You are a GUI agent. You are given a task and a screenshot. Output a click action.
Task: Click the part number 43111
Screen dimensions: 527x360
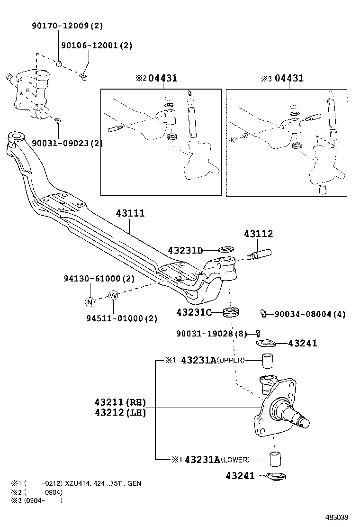click(x=130, y=214)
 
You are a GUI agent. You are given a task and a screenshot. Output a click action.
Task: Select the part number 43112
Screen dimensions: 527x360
click(x=259, y=234)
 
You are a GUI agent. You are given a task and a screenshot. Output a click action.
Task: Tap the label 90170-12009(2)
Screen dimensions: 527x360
click(x=67, y=26)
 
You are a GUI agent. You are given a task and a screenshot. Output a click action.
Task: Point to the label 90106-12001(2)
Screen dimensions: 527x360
click(x=97, y=45)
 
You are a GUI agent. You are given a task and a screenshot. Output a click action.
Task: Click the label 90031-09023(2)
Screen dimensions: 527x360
click(x=67, y=143)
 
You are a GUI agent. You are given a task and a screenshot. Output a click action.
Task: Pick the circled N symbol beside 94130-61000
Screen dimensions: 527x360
click(x=89, y=301)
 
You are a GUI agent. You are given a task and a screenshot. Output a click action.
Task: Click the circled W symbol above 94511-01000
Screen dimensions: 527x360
click(x=113, y=295)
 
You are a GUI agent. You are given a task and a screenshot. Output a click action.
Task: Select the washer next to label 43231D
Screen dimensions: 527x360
click(x=226, y=249)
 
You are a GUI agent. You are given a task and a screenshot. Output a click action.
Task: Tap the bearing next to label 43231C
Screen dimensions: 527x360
click(x=232, y=313)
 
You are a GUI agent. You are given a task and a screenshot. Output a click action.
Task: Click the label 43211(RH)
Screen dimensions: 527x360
click(x=120, y=402)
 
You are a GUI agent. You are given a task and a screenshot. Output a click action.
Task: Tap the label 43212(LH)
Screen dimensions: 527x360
click(x=120, y=413)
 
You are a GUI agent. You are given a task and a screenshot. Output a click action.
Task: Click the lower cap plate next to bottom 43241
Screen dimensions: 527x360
click(x=275, y=476)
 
